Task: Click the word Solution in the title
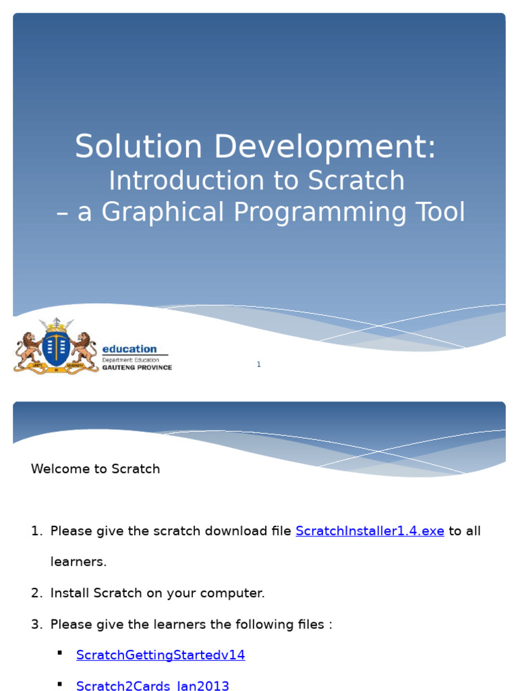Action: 138,147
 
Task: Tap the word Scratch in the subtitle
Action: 356,181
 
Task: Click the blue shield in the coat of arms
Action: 55,346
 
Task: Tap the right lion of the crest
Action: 84,348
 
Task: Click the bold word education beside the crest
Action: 129,349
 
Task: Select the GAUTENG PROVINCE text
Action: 137,368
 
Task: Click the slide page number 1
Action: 258,364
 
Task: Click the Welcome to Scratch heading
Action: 95,469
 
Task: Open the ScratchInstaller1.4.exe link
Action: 370,531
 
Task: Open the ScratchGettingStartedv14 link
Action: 161,655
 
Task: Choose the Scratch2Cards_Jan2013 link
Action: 152,686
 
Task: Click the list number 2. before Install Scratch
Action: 36,593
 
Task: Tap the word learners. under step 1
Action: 78,561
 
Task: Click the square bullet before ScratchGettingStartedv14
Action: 60,653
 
